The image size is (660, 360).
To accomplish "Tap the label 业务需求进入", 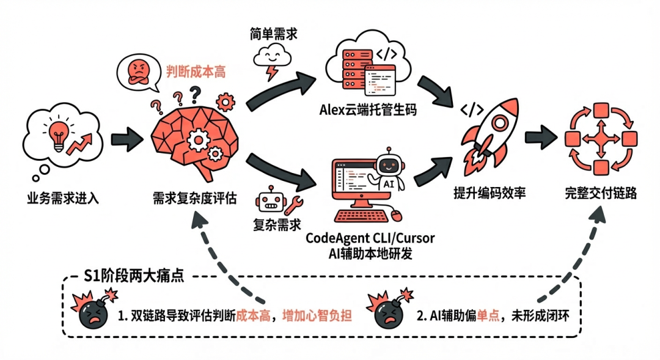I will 62,198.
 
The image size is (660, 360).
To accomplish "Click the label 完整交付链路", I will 600,194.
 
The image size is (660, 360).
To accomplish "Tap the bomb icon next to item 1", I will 93,312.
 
